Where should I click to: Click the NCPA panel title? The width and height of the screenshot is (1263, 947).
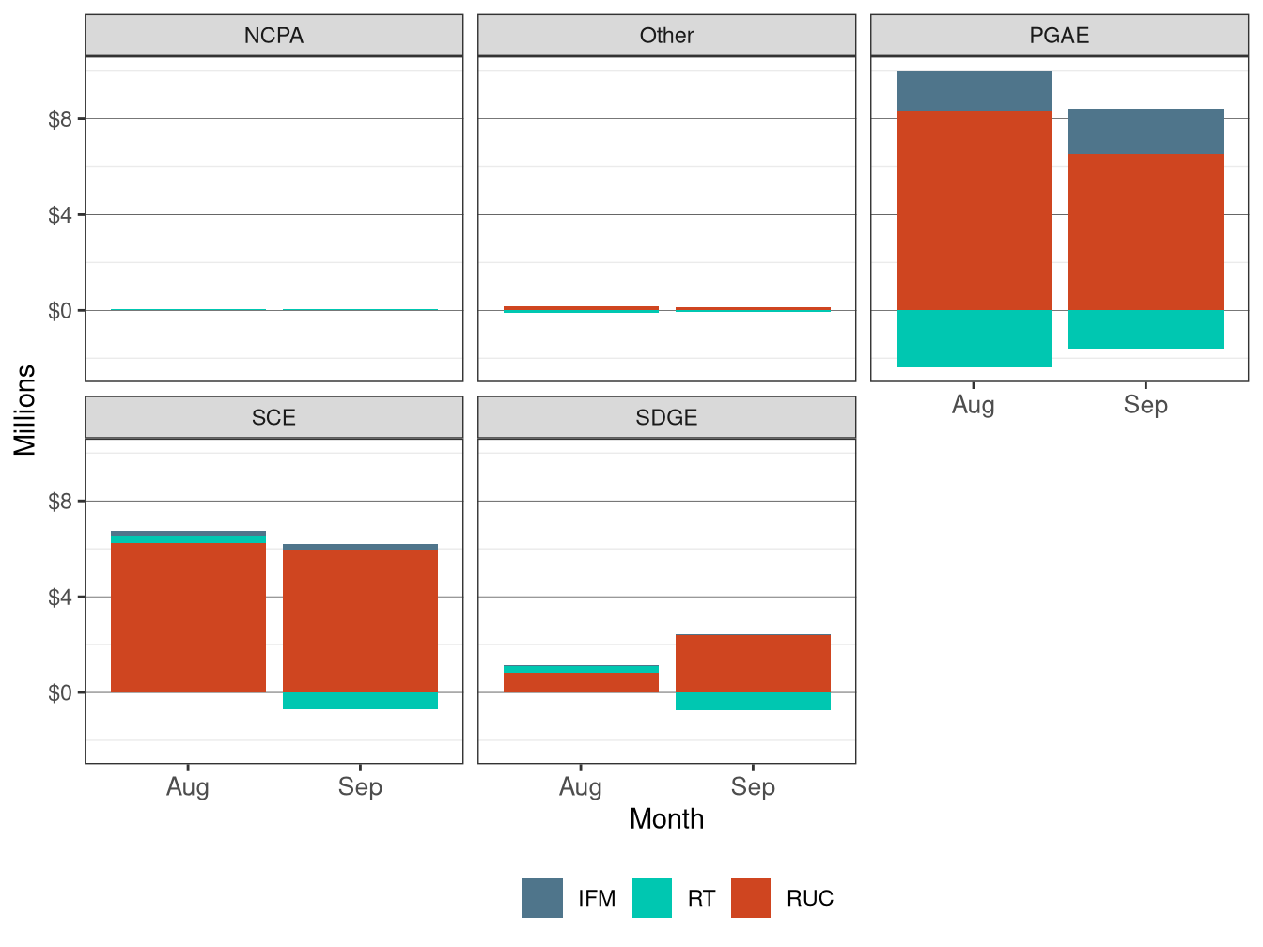click(273, 36)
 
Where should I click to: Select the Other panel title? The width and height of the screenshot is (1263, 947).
click(666, 36)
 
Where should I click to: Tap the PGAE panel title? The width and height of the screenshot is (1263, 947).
click(1059, 36)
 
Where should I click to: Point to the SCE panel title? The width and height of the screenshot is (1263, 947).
click(273, 418)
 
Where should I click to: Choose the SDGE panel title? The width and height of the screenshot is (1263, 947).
click(666, 418)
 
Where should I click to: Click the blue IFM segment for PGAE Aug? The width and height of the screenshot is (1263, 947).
click(974, 91)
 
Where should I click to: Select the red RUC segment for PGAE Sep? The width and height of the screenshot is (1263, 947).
click(1146, 232)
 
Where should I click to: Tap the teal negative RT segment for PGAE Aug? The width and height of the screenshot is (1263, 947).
click(974, 338)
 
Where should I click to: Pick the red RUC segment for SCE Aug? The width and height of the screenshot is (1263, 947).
click(188, 617)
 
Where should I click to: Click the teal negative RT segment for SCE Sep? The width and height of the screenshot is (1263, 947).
click(360, 701)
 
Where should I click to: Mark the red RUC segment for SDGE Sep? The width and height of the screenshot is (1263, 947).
click(753, 663)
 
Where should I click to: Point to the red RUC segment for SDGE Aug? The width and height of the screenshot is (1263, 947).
click(581, 682)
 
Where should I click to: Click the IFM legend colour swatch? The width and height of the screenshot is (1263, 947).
click(542, 898)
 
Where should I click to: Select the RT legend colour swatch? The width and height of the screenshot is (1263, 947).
click(652, 898)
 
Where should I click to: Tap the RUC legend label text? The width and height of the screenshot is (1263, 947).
click(810, 899)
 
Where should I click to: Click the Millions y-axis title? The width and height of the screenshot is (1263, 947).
click(25, 411)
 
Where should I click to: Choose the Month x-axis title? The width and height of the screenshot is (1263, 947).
click(666, 819)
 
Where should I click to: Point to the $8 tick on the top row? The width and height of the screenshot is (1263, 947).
click(60, 119)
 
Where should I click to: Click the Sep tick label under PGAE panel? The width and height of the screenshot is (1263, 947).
click(1146, 405)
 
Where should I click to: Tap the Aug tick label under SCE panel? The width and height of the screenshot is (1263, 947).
click(188, 787)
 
